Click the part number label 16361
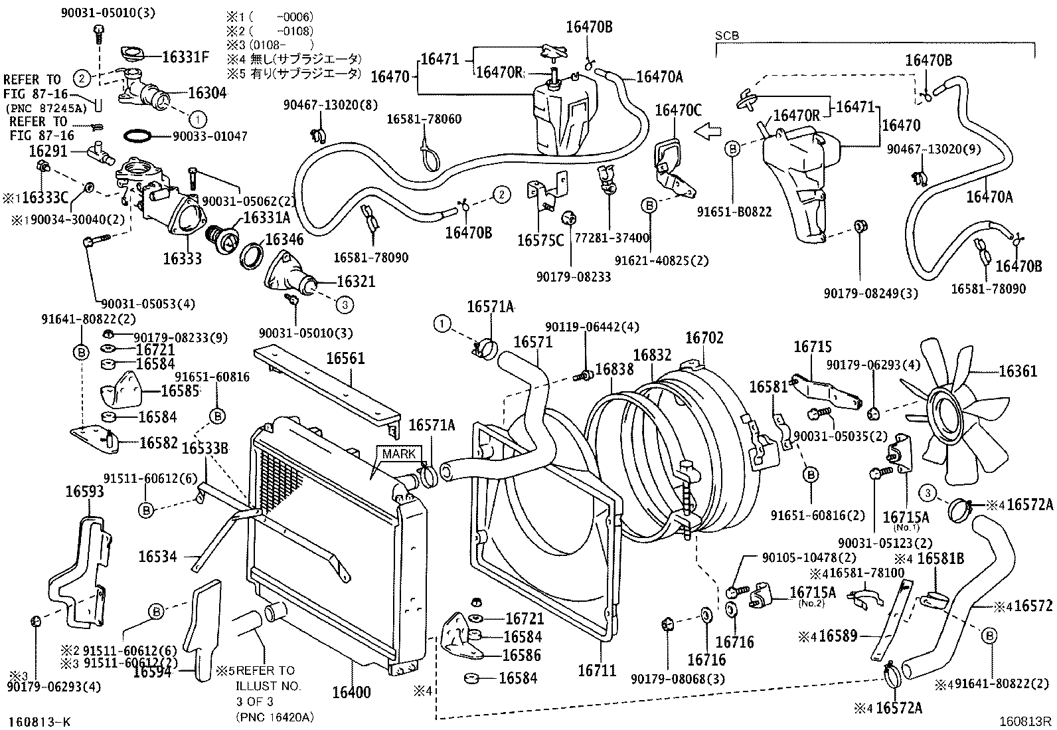(x=1017, y=371)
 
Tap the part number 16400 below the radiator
(x=351, y=692)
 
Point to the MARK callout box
(x=398, y=454)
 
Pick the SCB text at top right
(x=728, y=36)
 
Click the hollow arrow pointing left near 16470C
(x=709, y=132)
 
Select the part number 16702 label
(x=704, y=338)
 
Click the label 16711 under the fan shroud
(x=597, y=670)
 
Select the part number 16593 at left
(x=84, y=492)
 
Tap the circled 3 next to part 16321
(x=344, y=305)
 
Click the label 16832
(x=652, y=355)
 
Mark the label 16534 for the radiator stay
(x=158, y=556)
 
